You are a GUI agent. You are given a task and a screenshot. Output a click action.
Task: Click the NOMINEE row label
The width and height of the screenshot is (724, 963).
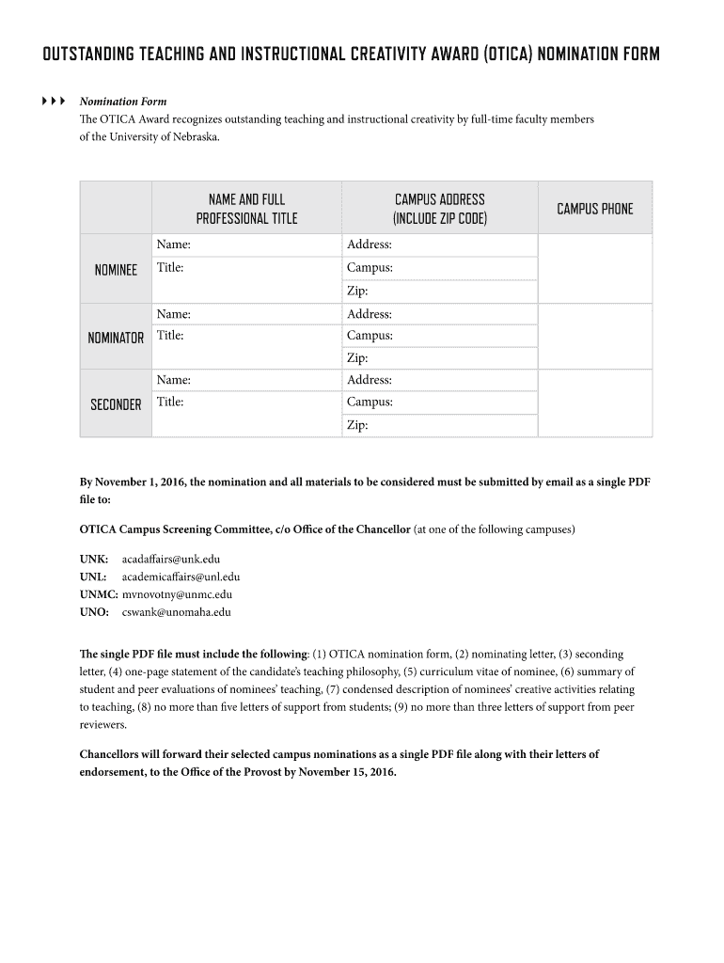point(116,270)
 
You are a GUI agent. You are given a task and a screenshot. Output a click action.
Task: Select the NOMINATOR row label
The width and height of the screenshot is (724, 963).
point(116,338)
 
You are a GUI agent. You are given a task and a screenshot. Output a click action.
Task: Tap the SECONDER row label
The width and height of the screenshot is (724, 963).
point(116,404)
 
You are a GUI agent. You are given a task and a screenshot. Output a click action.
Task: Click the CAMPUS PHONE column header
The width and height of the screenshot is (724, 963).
point(594,209)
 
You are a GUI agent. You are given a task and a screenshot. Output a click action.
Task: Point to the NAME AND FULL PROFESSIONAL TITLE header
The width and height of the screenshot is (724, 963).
point(246,209)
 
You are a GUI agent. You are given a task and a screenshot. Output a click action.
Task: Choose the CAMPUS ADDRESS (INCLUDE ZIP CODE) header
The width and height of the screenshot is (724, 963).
point(439,209)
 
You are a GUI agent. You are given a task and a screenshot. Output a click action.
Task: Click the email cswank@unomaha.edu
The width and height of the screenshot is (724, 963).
point(176,612)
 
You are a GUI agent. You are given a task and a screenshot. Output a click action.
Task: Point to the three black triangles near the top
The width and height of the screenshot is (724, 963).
point(54,101)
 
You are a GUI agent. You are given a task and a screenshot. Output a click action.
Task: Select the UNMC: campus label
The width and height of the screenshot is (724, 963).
point(98,594)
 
